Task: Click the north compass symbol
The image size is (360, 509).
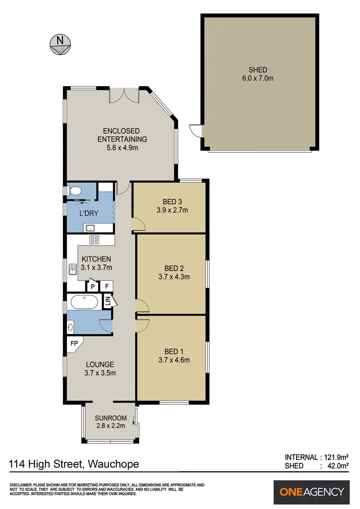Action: (x=60, y=44)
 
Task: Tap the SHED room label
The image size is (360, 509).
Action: (x=258, y=70)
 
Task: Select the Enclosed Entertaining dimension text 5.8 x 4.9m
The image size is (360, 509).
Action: (x=122, y=148)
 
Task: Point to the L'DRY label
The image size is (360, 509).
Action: (x=89, y=213)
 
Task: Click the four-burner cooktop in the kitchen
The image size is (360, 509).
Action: (x=94, y=240)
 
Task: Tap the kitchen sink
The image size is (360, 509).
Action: (x=72, y=269)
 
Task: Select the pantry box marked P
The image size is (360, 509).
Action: (x=92, y=287)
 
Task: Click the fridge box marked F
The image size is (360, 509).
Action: (x=106, y=287)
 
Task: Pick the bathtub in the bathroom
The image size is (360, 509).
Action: (x=84, y=302)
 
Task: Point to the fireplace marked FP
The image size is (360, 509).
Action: (x=74, y=344)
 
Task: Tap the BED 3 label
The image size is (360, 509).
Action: (x=172, y=202)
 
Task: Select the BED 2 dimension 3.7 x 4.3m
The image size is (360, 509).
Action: (x=174, y=277)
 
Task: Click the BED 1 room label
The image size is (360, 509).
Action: (x=174, y=352)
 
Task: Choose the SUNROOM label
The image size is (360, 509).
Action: (x=111, y=418)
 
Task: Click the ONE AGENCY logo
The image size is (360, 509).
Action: (x=311, y=492)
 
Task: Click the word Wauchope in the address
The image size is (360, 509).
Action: (x=113, y=464)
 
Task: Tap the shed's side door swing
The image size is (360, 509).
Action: (x=195, y=131)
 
